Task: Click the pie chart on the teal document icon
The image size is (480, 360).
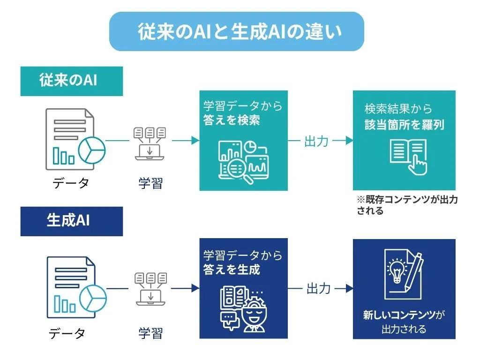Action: click(x=92, y=150)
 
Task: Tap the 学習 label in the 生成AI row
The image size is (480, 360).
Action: click(x=150, y=333)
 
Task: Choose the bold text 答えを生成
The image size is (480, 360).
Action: click(x=232, y=269)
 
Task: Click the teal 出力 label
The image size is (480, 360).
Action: click(x=316, y=141)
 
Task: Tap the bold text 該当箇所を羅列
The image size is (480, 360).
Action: click(x=404, y=125)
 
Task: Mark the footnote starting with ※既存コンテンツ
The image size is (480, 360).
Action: click(x=407, y=205)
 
